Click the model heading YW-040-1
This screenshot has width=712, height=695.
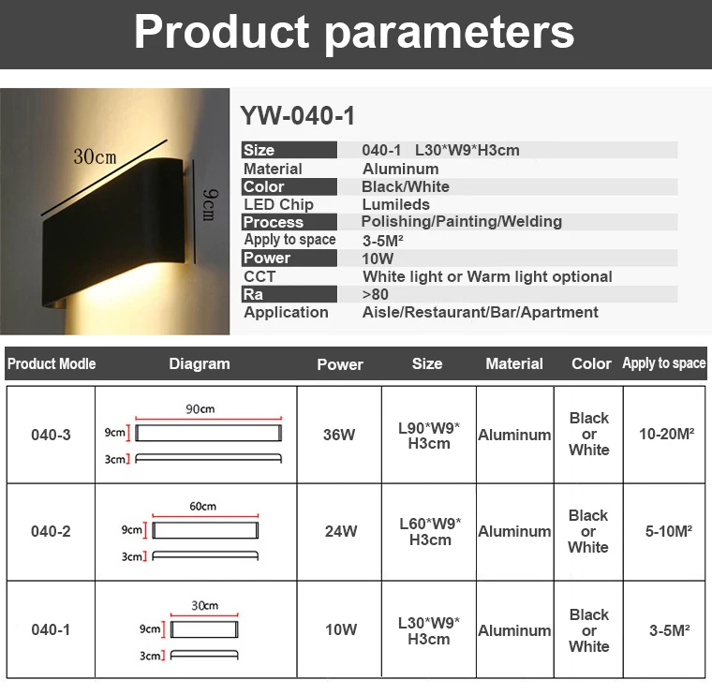pos(298,116)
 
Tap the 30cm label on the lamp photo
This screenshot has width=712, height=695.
pos(96,156)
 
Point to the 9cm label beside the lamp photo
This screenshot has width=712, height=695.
pos(209,203)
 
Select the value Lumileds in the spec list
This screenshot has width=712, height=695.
pos(396,204)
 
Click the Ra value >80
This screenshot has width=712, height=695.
pos(375,294)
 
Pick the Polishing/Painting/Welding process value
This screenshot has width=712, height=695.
pos(462,222)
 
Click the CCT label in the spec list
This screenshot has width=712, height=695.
pos(260,276)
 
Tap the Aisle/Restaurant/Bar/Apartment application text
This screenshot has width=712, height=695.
pos(480,312)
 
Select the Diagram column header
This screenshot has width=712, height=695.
pos(200,363)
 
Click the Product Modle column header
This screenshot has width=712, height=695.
pos(52,363)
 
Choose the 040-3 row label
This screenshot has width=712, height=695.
pos(51,435)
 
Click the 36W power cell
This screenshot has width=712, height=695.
pos(339,435)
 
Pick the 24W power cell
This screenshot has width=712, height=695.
pos(341,531)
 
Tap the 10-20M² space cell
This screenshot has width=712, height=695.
pos(667,435)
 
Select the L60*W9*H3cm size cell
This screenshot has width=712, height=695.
pos(429,531)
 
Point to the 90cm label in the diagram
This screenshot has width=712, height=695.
pos(200,409)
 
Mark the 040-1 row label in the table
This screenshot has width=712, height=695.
pos(51,629)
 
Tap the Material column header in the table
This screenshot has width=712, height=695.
pos(514,363)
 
